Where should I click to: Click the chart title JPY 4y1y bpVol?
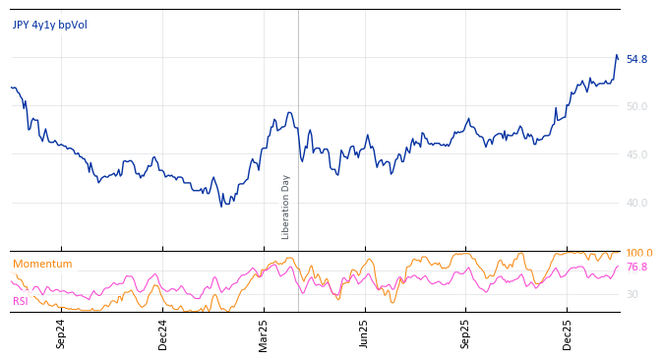tap(50, 26)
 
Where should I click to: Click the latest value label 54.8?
tap(636, 60)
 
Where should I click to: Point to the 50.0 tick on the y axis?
tap(636, 107)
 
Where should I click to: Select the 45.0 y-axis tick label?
tap(636, 155)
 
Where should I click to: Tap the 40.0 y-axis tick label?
tap(636, 204)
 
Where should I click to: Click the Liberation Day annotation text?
tap(286, 207)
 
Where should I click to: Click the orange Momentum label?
tap(42, 265)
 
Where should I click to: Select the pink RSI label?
tap(21, 301)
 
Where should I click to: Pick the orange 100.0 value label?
tap(638, 254)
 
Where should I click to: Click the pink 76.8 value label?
tap(636, 268)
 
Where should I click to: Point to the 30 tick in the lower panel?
tap(632, 295)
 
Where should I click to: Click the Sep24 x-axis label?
tap(61, 333)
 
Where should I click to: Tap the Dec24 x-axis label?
tap(163, 333)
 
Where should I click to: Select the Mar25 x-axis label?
tap(264, 333)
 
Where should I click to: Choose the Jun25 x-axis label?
tap(365, 333)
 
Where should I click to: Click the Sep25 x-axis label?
tap(466, 333)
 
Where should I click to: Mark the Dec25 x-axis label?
tap(568, 333)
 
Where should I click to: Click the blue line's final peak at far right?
tap(617, 55)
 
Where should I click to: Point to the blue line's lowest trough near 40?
tap(222, 205)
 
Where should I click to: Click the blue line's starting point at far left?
tap(12, 88)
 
